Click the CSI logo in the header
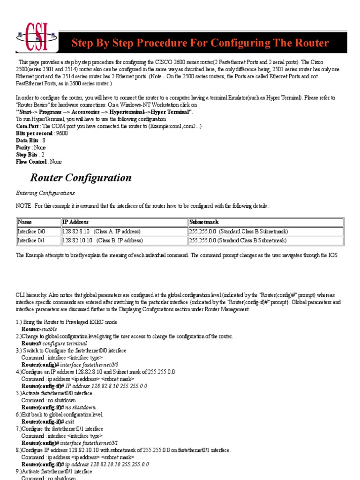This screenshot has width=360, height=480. tap(37, 37)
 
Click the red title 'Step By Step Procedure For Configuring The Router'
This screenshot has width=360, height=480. tap(200, 43)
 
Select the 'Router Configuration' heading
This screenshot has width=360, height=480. tap(81, 178)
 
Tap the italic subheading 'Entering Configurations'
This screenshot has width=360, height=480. tap(45, 193)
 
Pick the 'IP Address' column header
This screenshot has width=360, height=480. tap(75, 222)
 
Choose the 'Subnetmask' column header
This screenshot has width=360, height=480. tap(204, 222)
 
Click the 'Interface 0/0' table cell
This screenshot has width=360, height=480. tap(31, 232)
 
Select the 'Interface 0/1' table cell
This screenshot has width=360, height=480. tap(31, 240)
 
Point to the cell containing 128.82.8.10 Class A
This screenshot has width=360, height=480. tap(101, 232)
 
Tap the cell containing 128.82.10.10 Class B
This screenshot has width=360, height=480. tap(102, 240)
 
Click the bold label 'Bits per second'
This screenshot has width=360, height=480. tap(34, 133)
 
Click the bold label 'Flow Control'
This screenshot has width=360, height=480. tap(31, 162)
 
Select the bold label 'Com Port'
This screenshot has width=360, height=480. tap(27, 126)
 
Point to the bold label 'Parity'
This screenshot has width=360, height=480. tap(23, 147)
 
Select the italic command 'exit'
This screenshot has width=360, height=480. tap(70, 421)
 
